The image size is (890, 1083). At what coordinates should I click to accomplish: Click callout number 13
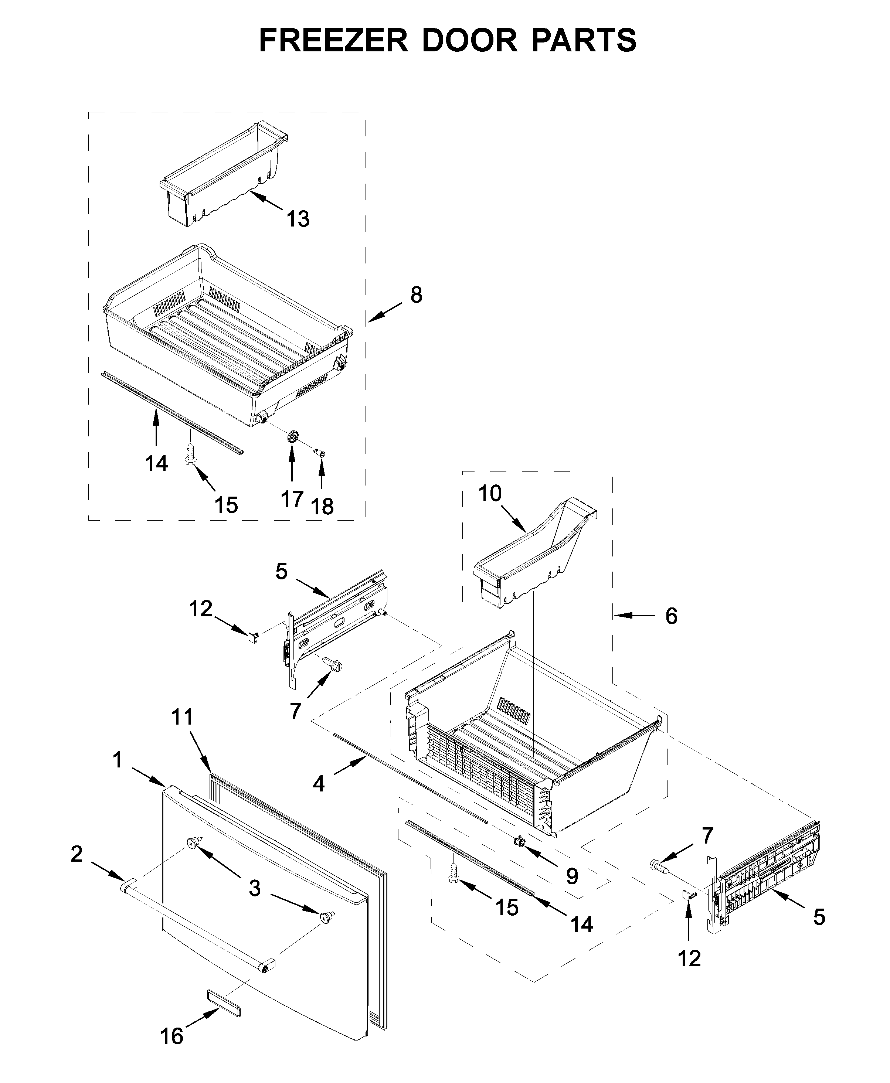tap(298, 219)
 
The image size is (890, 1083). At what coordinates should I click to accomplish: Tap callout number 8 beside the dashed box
tap(416, 295)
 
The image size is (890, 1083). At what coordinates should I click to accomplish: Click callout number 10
tap(490, 494)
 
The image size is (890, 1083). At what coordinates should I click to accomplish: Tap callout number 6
tap(671, 616)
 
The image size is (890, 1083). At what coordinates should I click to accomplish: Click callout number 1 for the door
tap(118, 760)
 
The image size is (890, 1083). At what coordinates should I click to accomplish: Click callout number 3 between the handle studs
tap(254, 888)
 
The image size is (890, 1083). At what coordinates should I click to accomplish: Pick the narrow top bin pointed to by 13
tap(223, 174)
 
